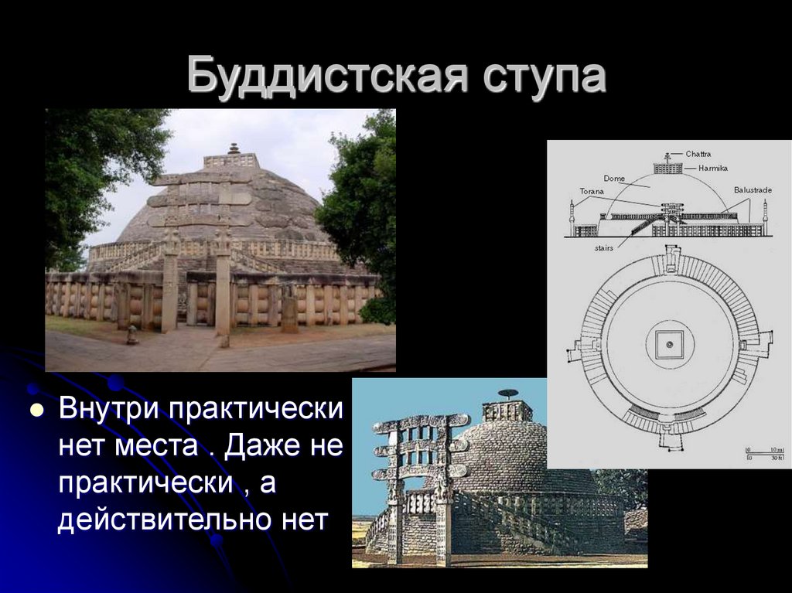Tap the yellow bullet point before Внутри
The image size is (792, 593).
(34, 411)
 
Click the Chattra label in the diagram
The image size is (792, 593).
(698, 154)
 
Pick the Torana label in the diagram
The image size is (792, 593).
(592, 190)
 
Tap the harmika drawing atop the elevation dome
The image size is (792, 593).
(668, 168)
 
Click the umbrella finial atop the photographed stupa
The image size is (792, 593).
(234, 148)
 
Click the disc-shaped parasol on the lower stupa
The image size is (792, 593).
(507, 394)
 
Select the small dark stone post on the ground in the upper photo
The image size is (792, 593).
(133, 334)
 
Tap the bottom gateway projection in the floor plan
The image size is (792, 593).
(669, 440)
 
